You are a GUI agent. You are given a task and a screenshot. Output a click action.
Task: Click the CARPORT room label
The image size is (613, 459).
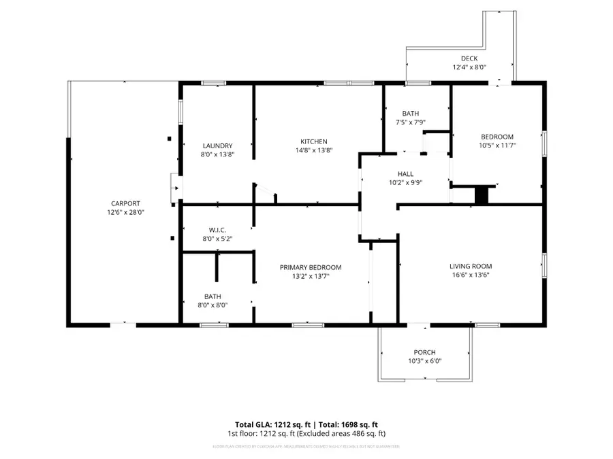[x=126, y=203]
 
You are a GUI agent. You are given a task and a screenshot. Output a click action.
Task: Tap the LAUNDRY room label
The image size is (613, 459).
[x=218, y=146]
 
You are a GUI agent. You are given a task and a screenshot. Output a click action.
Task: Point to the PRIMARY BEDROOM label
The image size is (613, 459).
[x=311, y=267]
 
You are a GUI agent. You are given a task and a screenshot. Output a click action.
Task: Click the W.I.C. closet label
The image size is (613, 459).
[x=218, y=229]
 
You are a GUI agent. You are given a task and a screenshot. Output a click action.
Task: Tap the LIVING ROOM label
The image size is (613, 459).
[x=470, y=266]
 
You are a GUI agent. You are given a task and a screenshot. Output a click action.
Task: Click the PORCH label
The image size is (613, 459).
[x=424, y=352]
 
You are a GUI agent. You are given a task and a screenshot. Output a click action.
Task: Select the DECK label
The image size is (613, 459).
[x=469, y=58]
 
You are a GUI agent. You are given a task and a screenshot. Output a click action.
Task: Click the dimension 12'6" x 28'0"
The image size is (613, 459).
[x=126, y=212]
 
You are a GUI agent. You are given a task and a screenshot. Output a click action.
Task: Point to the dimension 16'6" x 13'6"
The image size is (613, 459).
[x=470, y=275]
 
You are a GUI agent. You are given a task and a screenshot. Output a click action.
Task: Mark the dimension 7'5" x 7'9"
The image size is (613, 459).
[x=410, y=122]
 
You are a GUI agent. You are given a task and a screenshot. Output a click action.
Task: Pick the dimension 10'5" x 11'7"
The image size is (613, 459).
[x=496, y=145]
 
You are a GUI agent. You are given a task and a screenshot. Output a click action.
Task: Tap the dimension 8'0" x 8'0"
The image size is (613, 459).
[x=213, y=305]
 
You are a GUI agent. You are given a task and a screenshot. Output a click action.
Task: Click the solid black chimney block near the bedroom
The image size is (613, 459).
[x=482, y=195]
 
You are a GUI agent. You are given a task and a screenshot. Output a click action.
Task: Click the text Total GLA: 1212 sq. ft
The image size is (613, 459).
[x=270, y=424]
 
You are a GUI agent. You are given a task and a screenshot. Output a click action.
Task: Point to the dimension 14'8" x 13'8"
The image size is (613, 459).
[x=313, y=150]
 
